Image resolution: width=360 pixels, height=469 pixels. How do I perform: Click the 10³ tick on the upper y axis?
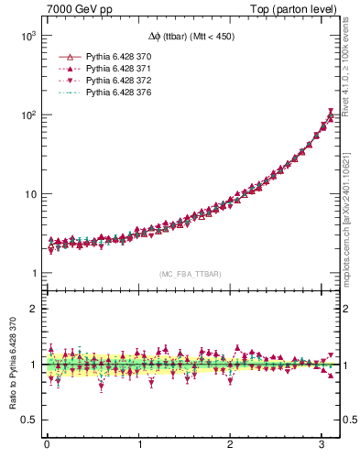click(x=27, y=36)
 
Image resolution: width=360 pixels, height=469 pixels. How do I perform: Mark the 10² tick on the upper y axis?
click(x=27, y=115)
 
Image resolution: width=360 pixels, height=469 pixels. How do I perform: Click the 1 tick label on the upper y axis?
click(x=33, y=274)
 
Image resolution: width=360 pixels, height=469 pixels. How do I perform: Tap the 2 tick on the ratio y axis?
click(x=33, y=309)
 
